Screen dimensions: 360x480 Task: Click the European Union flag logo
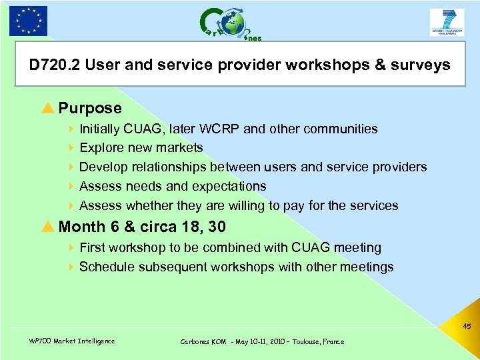point(28,21)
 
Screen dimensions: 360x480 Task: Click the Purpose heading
point(90,108)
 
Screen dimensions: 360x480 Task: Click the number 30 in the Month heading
point(217,227)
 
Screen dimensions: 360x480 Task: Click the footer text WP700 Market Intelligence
point(72,341)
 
